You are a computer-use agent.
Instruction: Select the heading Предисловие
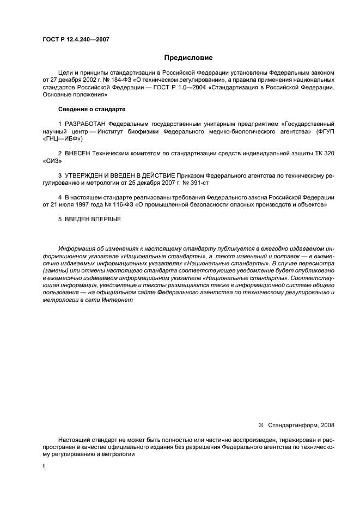point(188,57)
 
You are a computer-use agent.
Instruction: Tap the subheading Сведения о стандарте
point(92,109)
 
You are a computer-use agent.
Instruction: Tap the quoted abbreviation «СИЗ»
point(51,162)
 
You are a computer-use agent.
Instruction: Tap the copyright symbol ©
point(260,424)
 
